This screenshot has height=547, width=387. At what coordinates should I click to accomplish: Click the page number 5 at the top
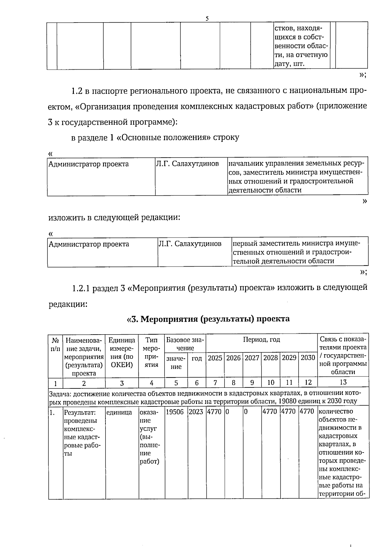(207, 19)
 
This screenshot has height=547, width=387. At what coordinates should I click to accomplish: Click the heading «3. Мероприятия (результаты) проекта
(209, 319)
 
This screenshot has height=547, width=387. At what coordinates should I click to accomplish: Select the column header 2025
(215, 358)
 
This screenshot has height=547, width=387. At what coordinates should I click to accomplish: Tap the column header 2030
(308, 358)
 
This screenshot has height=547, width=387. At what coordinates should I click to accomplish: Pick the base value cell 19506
(176, 412)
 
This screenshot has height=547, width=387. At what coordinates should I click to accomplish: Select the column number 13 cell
(343, 383)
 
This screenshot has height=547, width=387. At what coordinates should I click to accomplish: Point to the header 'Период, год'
(261, 339)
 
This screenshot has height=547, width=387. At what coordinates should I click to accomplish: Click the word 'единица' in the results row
(119, 412)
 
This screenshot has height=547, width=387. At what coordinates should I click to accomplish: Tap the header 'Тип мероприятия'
(151, 352)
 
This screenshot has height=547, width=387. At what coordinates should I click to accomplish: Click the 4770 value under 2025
(214, 412)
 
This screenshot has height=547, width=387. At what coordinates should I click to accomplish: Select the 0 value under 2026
(227, 412)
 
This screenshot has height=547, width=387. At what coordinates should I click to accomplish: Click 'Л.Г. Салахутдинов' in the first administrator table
(187, 164)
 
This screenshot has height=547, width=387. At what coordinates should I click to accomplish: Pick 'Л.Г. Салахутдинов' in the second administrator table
(190, 244)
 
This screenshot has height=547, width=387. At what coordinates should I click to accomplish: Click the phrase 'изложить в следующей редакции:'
(114, 218)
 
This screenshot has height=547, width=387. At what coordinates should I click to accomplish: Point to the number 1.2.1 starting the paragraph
(81, 288)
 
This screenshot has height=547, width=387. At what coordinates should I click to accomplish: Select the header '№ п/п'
(55, 344)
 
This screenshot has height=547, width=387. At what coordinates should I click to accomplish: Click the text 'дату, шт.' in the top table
(289, 64)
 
